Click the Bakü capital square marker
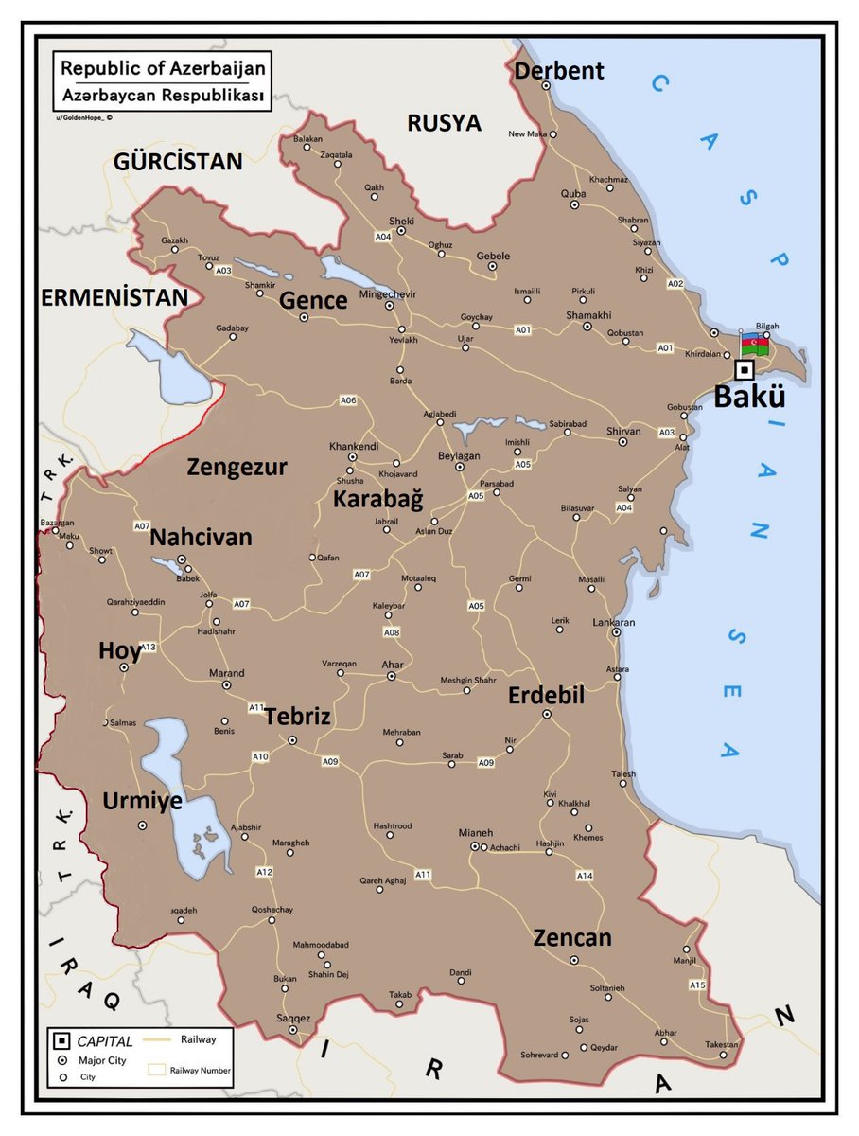tap(745, 370)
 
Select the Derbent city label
tap(558, 71)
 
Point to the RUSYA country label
tap(444, 123)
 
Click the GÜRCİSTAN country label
tap(178, 161)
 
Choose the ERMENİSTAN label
tap(114, 297)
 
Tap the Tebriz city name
tap(297, 717)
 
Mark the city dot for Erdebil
tap(546, 715)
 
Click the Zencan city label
tap(572, 938)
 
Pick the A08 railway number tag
tap(391, 631)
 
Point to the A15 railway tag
tap(697, 985)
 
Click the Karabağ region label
tap(377, 500)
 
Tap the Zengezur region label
tap(237, 467)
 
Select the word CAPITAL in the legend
tap(105, 1041)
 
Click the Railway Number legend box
tap(157, 1071)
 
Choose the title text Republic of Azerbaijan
tap(164, 69)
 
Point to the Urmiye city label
tap(142, 802)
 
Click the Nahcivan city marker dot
tap(182, 559)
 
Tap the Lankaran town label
tap(615, 623)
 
